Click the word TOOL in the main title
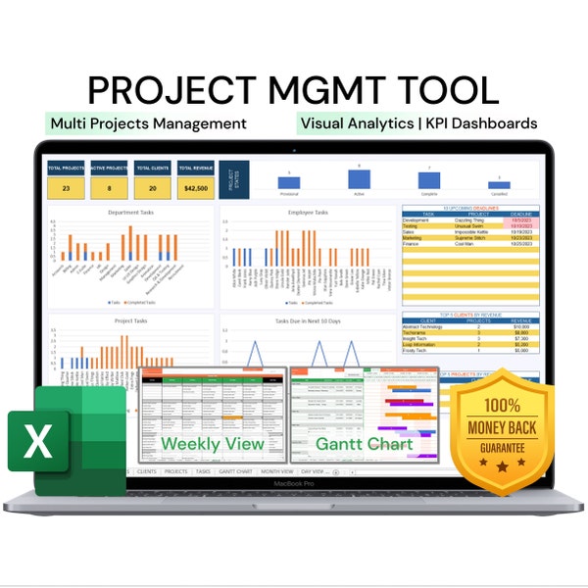click(x=447, y=89)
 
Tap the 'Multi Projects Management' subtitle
click(x=147, y=123)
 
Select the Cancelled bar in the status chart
click(x=499, y=184)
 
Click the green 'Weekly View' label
click(x=213, y=444)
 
